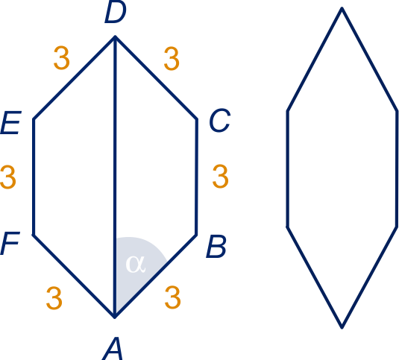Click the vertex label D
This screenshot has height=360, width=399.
point(116,12)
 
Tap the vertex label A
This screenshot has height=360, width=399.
point(113,349)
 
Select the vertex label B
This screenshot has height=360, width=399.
point(216,247)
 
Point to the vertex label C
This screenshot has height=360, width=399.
point(220,121)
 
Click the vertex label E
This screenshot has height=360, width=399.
point(10,122)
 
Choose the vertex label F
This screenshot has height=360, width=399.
point(10,243)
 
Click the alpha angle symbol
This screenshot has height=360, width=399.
point(136,264)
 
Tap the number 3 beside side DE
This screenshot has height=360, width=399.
point(62,57)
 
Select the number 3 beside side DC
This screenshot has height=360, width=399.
point(172,58)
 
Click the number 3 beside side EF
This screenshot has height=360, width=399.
point(8,177)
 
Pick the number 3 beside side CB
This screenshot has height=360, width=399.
point(220,176)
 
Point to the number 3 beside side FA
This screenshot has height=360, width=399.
point(54,298)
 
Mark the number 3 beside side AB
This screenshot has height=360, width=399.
point(173,297)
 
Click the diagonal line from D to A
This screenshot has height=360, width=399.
point(115,177)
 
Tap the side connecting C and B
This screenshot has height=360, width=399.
point(197,177)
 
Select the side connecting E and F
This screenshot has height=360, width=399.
point(34,177)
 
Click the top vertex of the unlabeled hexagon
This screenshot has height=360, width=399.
point(342,8)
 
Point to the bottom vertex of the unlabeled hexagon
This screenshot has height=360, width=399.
point(342,327)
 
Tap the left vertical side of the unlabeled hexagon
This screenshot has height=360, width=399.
point(288,169)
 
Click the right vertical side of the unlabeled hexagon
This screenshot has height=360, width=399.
point(397,169)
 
